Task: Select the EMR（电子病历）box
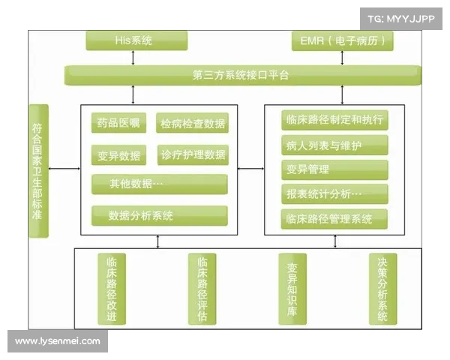(342, 40)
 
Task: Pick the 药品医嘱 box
(118, 123)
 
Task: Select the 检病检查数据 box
(193, 123)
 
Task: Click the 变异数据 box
(118, 155)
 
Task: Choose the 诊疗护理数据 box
(193, 155)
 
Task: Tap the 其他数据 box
(159, 184)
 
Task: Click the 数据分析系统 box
(159, 215)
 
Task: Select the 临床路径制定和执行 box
(334, 119)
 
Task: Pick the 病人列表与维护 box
(334, 144)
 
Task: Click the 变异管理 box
(334, 169)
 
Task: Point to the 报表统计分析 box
(334, 193)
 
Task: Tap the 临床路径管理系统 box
(334, 219)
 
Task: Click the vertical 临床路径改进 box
(112, 289)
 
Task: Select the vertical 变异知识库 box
(292, 289)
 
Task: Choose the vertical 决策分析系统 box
(382, 289)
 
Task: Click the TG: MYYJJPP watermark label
(401, 18)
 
